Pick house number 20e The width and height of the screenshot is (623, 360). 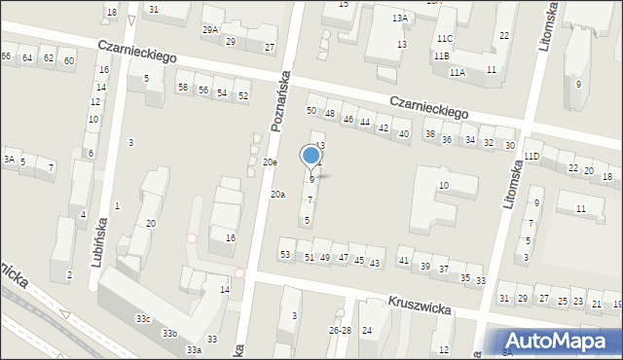pyautogui.click(x=270, y=162)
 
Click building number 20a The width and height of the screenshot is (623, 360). pyautogui.click(x=277, y=195)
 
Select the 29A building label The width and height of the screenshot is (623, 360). pyautogui.click(x=210, y=30)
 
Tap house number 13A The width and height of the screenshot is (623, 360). pyautogui.click(x=400, y=18)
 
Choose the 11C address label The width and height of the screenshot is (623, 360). pyautogui.click(x=444, y=38)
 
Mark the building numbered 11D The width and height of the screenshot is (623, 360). pyautogui.click(x=531, y=157)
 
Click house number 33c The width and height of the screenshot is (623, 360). pyautogui.click(x=143, y=319)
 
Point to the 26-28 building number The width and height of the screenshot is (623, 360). pyautogui.click(x=340, y=331)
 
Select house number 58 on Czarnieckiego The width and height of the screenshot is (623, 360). pyautogui.click(x=183, y=89)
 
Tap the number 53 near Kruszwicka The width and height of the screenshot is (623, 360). pyautogui.click(x=285, y=255)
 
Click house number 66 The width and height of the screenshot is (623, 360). pyautogui.click(x=6, y=57)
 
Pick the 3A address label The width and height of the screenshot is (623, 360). pyautogui.click(x=8, y=160)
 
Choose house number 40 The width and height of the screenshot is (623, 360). pyautogui.click(x=404, y=134)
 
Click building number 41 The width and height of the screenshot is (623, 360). pyautogui.click(x=404, y=261)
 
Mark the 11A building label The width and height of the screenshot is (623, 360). pyautogui.click(x=457, y=73)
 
